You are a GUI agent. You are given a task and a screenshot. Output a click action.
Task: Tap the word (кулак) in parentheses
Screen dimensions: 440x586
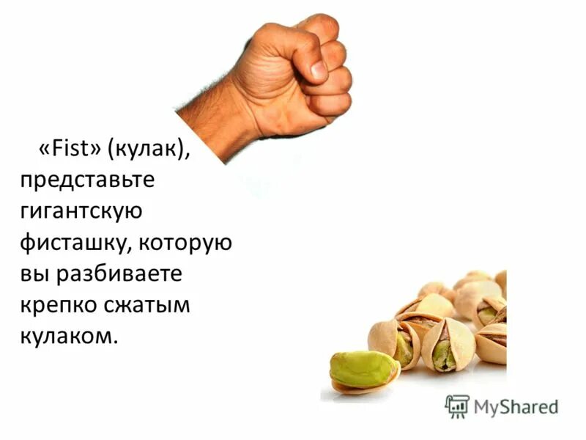(x=149, y=149)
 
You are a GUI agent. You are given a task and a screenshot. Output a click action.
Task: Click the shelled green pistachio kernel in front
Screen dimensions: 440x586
(x=363, y=370)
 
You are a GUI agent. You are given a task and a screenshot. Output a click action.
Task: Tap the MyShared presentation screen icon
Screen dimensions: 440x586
(x=457, y=406)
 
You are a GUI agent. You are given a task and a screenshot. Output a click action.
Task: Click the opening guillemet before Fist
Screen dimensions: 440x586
(x=43, y=150)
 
